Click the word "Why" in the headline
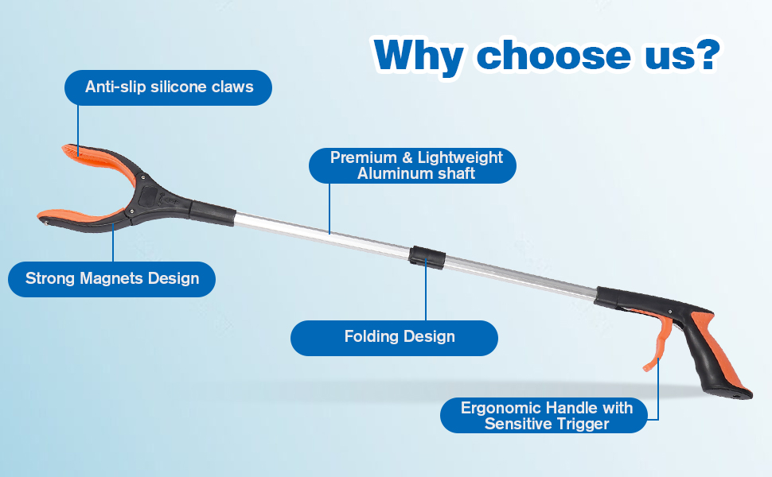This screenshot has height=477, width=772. pyautogui.click(x=418, y=56)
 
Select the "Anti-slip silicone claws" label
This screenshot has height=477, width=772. pyautogui.click(x=169, y=87)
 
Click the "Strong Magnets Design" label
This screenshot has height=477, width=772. pyautogui.click(x=111, y=279)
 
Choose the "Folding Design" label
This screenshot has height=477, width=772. pyautogui.click(x=395, y=338)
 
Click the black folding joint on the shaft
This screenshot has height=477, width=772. pyautogui.click(x=427, y=256)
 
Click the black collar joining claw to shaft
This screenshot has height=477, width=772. pyautogui.click(x=212, y=212)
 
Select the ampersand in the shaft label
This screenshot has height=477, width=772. pyautogui.click(x=407, y=158)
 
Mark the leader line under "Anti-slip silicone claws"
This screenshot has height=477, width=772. pyautogui.click(x=78, y=130)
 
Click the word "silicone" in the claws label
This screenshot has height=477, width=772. pyautogui.click(x=179, y=87)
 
